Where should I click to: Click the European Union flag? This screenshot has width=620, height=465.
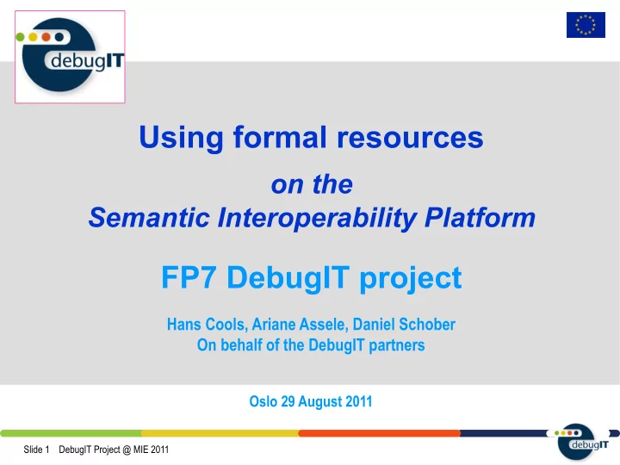[x=586, y=25]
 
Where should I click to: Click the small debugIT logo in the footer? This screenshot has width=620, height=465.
[x=581, y=441]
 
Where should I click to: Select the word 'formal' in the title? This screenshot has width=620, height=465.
[x=280, y=137]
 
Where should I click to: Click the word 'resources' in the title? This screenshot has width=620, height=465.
[x=410, y=138]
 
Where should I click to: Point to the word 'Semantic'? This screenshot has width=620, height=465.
[x=149, y=217]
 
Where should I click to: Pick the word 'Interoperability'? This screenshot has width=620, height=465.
[x=317, y=218]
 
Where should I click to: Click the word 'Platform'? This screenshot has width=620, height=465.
[x=480, y=217]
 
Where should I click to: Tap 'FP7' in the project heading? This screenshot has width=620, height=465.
[x=189, y=277]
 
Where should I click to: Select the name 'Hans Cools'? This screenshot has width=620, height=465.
[x=206, y=325]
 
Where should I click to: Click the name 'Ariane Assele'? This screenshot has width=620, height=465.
[x=299, y=325]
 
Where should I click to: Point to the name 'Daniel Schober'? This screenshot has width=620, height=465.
[x=404, y=325]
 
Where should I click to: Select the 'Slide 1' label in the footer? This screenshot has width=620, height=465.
[x=36, y=449]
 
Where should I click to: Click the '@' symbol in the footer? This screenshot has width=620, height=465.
[x=127, y=450]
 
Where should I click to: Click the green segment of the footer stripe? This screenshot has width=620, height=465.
[x=71, y=433]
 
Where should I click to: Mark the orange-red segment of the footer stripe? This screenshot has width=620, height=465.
[x=379, y=433]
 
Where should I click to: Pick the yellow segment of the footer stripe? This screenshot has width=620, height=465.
[x=220, y=433]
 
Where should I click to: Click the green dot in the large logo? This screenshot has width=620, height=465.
[x=20, y=37]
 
